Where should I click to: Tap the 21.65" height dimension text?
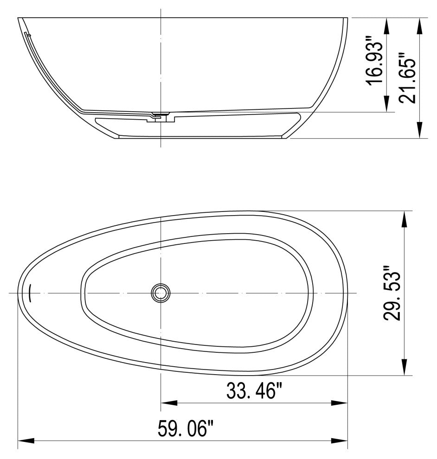pyautogui.click(x=408, y=78)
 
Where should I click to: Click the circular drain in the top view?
pyautogui.click(x=161, y=293)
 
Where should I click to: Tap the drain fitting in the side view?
pyautogui.click(x=161, y=116)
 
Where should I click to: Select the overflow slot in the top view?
pyautogui.click(x=30, y=293)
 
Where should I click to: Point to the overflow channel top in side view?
pyautogui.click(x=28, y=35)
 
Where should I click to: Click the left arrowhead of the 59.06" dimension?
pyautogui.click(x=26, y=440)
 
